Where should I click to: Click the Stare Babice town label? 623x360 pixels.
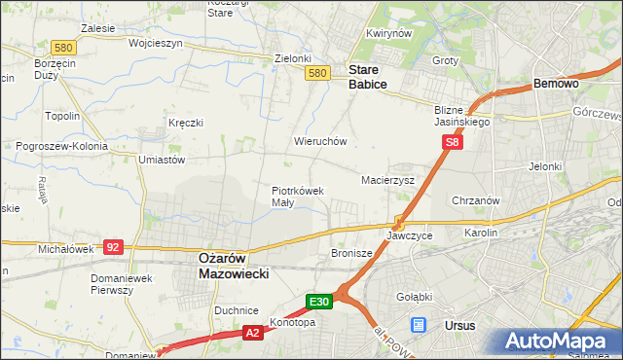368,77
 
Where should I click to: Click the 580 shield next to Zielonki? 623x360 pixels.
315,73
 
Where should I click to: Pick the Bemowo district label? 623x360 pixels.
557,85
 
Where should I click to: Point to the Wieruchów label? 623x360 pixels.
320,141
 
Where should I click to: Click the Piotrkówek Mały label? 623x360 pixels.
297,197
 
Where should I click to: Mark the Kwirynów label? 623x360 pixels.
385,34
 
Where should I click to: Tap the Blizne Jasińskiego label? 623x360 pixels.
461,117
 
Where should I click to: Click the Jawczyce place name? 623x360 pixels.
408,235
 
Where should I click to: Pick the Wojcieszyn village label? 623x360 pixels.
127,44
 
